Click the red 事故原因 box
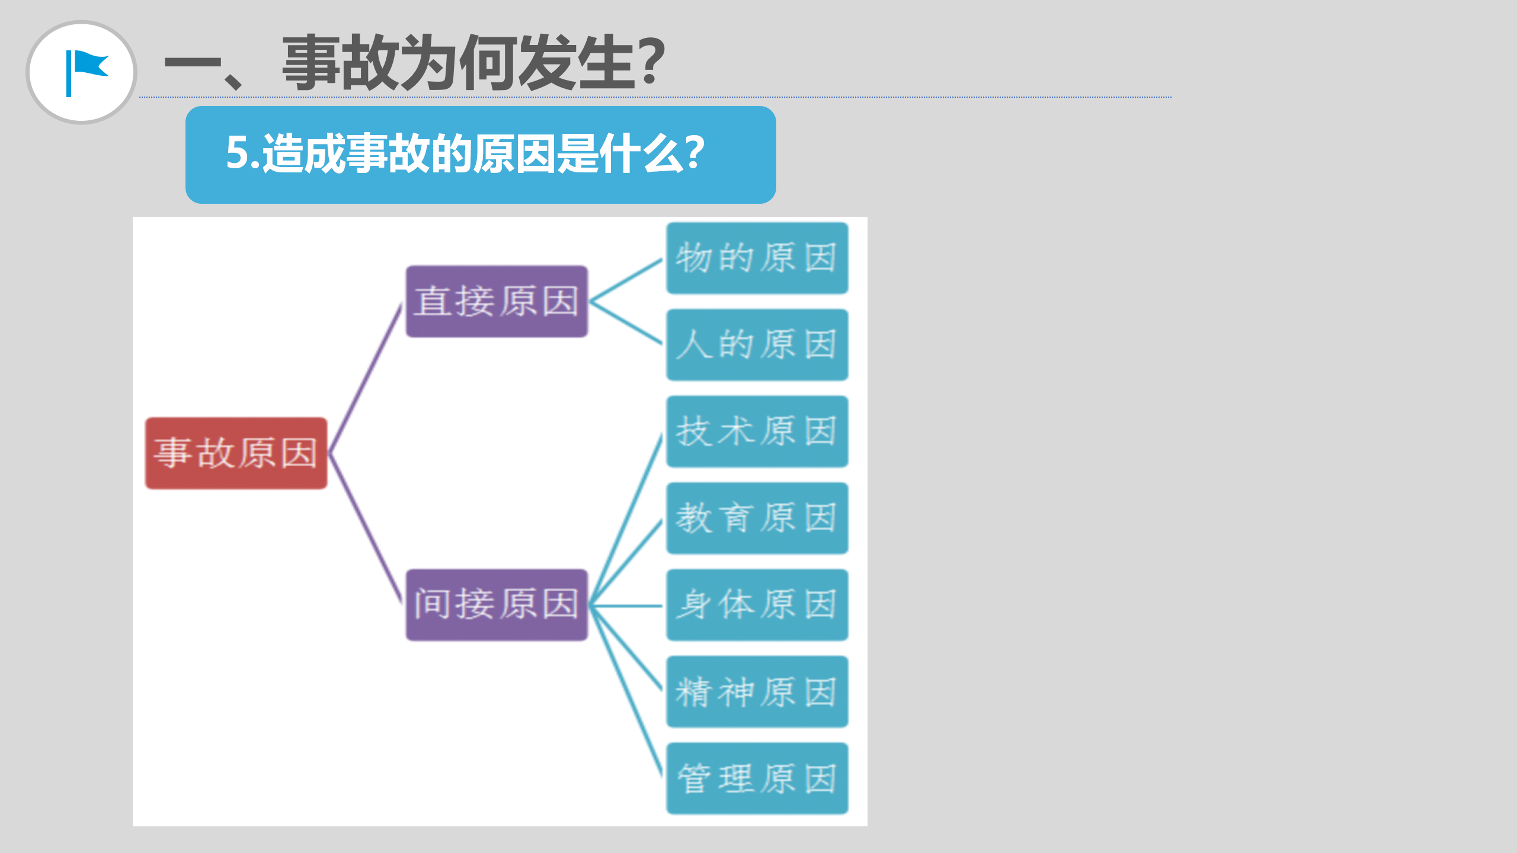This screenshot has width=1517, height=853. pos(236,453)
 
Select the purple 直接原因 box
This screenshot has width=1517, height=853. pos(497,302)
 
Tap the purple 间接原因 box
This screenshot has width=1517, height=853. pos(497,605)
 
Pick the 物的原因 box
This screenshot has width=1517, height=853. pos(757,258)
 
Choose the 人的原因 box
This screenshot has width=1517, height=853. pos(757,345)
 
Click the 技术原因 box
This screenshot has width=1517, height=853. pos(757,431)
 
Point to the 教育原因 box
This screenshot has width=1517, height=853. pos(757,518)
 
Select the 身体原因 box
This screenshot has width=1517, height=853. pos(757,605)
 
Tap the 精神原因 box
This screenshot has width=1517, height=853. pos(757,691)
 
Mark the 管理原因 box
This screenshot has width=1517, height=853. pos(757,778)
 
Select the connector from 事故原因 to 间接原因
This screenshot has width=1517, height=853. pos(366,529)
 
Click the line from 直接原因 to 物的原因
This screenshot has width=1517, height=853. pos(626,280)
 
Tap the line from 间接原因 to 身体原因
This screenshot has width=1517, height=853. pos(626,605)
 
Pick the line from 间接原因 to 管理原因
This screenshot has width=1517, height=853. pos(626,691)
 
